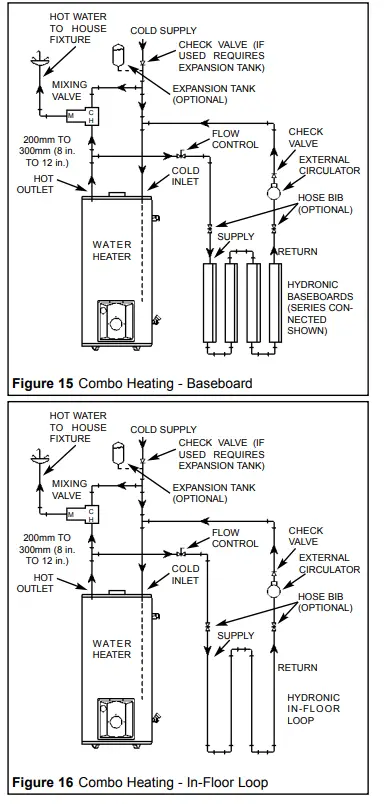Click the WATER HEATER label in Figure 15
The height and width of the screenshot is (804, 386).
[112, 250]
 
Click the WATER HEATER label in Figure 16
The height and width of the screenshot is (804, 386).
[112, 649]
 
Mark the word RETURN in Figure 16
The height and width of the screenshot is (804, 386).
[297, 667]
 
